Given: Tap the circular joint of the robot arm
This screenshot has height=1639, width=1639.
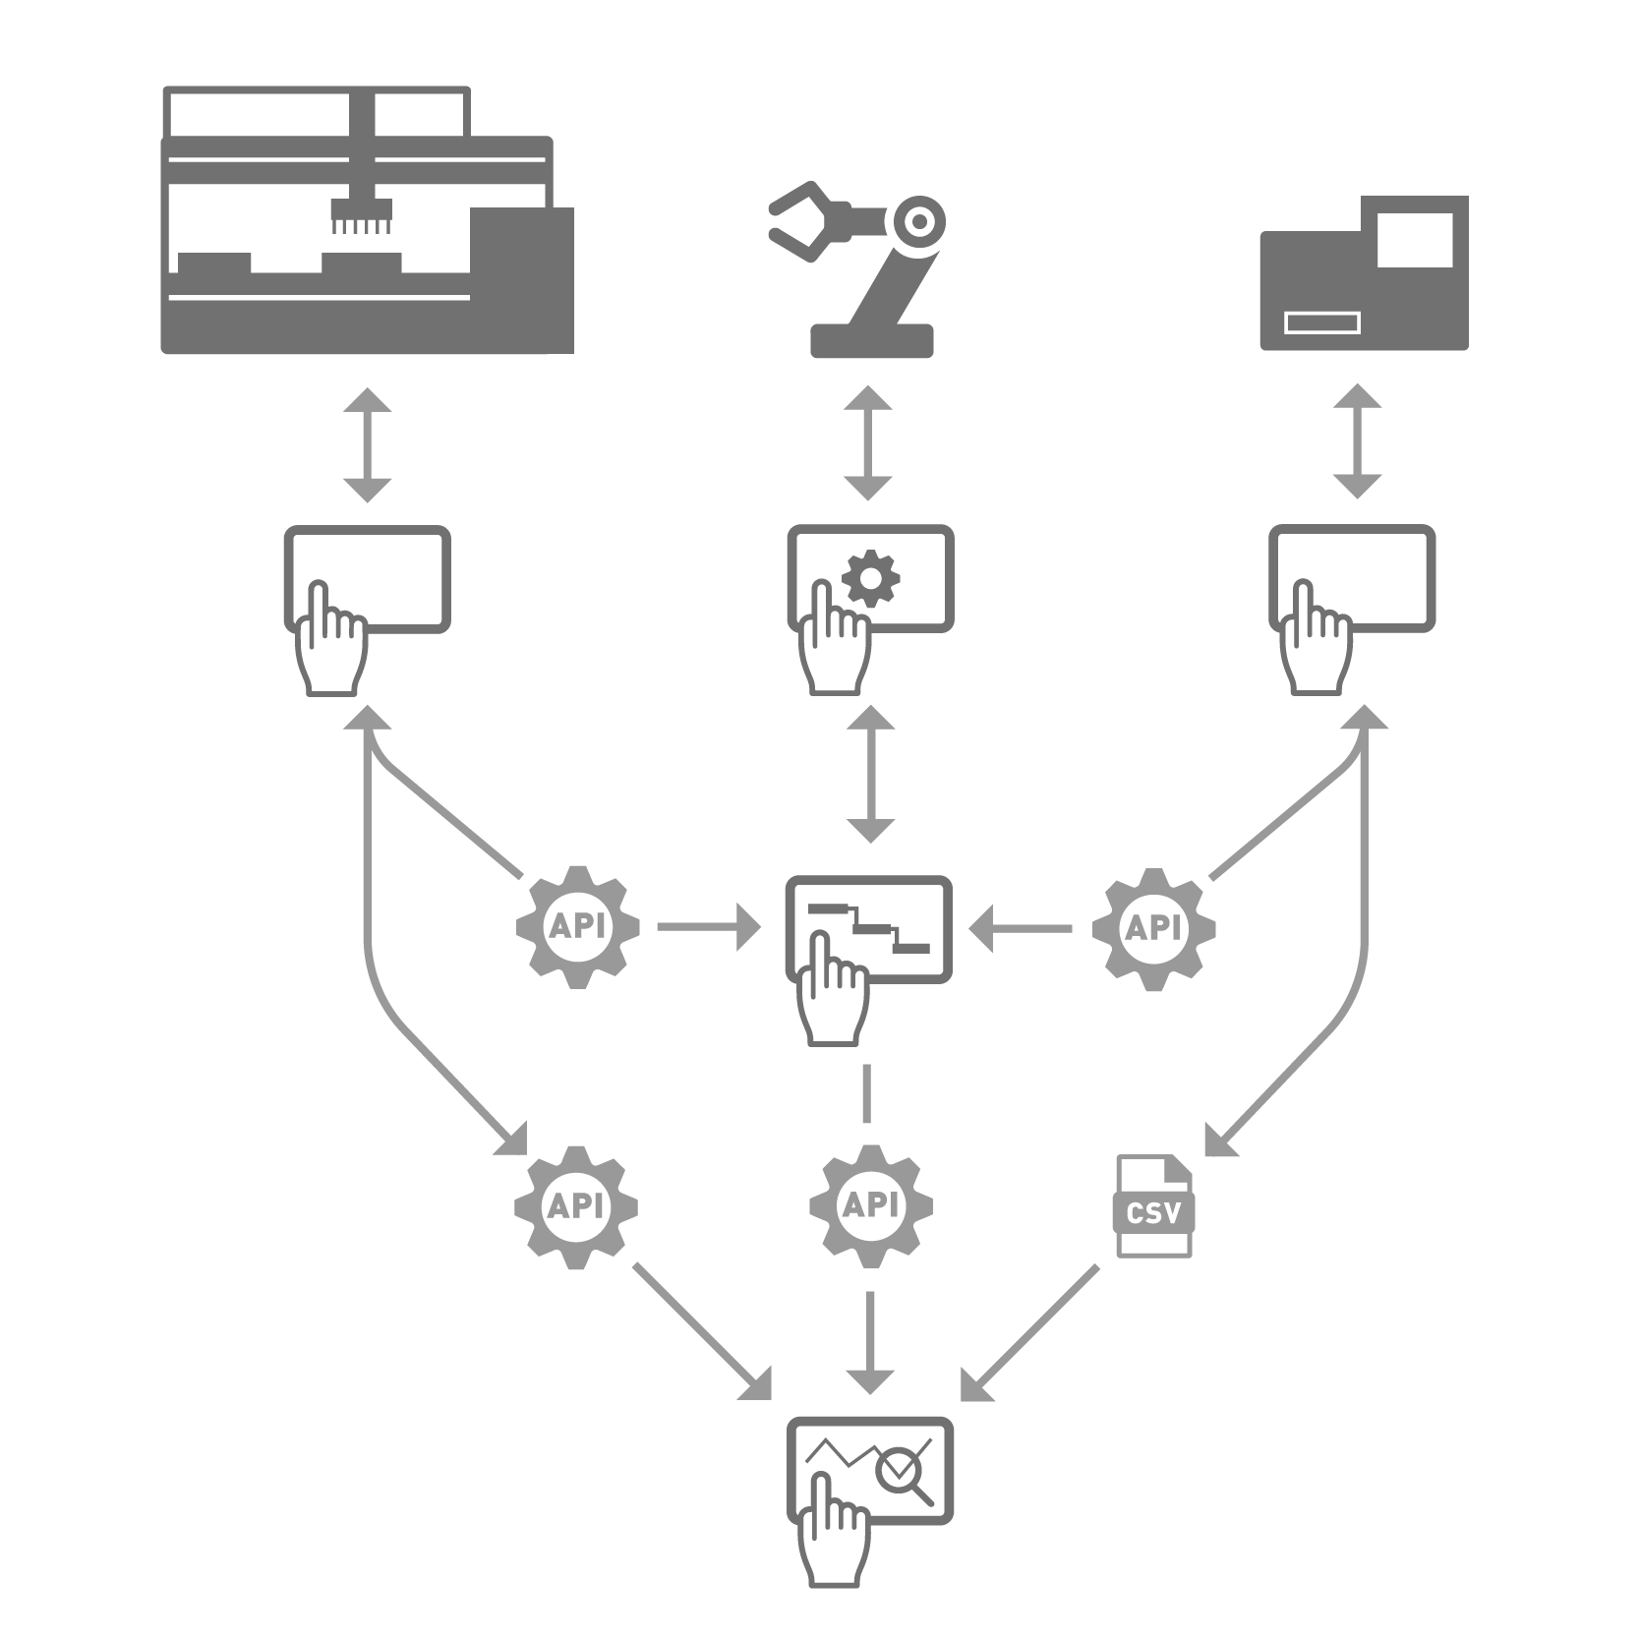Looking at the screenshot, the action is (918, 222).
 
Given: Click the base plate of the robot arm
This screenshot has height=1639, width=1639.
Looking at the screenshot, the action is (871, 340).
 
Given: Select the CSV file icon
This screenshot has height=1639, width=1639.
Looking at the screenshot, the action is (1153, 1205).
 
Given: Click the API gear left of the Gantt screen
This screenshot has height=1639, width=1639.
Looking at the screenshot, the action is (578, 927).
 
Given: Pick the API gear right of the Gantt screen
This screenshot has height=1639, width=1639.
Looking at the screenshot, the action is (1153, 927).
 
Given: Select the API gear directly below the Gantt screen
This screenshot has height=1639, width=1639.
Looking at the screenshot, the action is (870, 1205).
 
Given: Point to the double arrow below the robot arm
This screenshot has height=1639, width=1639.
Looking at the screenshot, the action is (868, 443).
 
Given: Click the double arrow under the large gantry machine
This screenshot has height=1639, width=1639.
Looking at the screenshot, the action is (368, 445).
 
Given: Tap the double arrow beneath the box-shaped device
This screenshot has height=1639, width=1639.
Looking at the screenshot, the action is (1357, 441).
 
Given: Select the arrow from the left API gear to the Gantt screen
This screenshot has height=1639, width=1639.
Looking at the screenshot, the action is (709, 926).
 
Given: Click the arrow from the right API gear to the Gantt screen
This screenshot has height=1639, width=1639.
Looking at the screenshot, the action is (1020, 927).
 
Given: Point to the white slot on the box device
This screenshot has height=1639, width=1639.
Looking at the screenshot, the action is (1322, 322).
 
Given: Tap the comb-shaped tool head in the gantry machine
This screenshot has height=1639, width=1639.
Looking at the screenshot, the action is (361, 216).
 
